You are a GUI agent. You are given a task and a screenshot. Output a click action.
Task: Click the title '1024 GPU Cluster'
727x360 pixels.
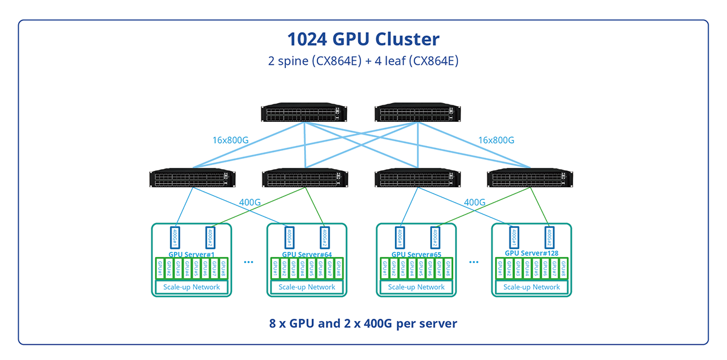click(363, 39)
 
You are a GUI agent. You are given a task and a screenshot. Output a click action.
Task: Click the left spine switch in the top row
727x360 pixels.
click(304, 114)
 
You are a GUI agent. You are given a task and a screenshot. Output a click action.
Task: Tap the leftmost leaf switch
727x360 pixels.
click(192, 179)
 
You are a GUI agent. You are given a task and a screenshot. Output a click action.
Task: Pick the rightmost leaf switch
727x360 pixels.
click(529, 179)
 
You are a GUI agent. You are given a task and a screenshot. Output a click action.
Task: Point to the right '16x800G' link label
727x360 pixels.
click(496, 141)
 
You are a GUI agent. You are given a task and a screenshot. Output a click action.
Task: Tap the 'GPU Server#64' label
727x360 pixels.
click(307, 255)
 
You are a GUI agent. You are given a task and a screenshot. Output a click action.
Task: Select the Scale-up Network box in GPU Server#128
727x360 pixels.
click(532, 287)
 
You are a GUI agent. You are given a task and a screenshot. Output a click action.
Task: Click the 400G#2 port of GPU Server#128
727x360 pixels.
click(549, 236)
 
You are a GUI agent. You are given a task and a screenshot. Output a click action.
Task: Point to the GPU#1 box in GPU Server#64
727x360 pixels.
click(276, 268)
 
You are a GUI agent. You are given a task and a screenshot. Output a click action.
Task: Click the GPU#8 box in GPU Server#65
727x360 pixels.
click(448, 268)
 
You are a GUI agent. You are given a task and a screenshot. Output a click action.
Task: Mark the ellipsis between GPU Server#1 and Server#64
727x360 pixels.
click(248, 262)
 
